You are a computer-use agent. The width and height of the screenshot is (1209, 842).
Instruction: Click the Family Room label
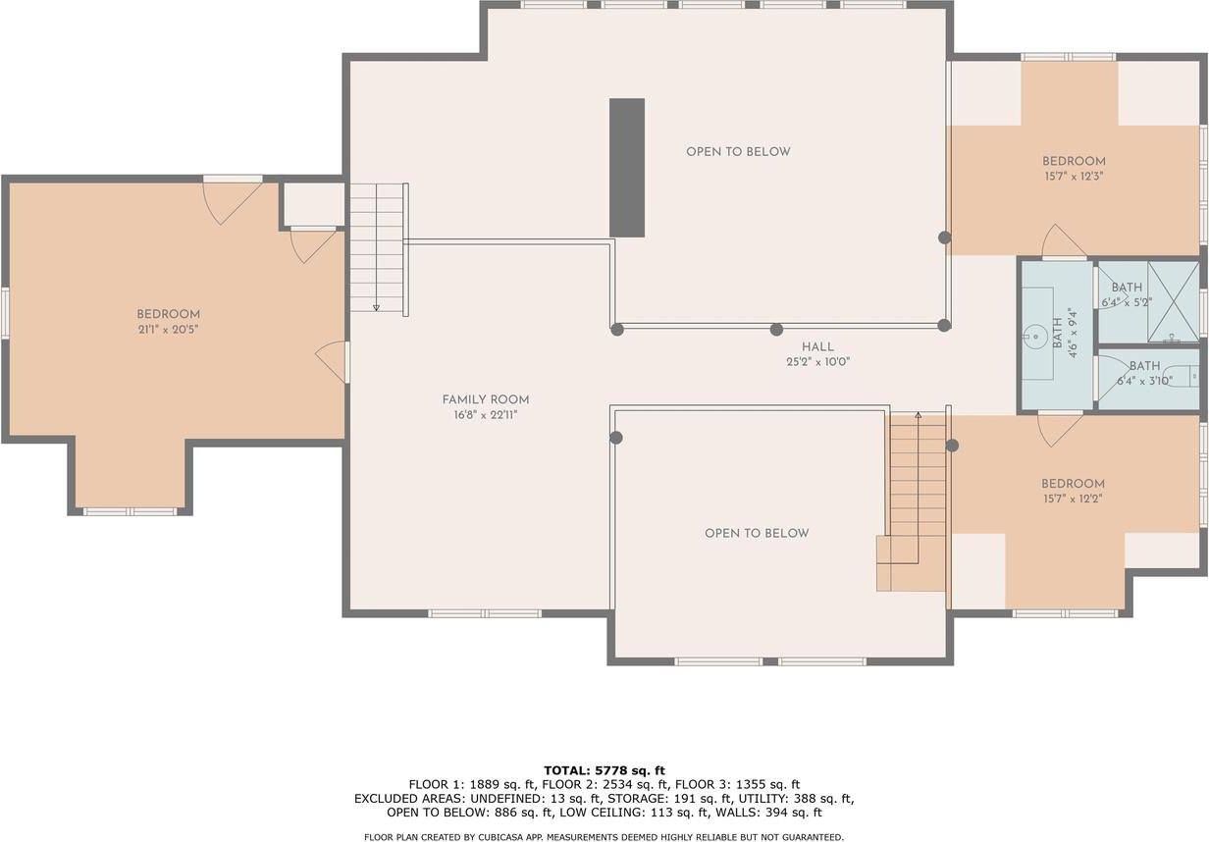point(485,400)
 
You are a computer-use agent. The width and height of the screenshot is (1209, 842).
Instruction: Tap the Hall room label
point(817,347)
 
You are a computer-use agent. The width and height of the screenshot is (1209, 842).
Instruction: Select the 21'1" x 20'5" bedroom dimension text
point(169,330)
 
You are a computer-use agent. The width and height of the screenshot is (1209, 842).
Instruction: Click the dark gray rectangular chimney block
point(627,168)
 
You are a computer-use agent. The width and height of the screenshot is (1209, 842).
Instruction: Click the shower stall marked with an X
point(1173,301)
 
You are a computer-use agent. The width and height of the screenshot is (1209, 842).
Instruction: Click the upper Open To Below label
point(738,152)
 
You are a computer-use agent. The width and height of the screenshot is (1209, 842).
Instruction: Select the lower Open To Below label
point(757,534)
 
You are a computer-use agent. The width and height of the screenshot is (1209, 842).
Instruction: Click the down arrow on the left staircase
point(376,308)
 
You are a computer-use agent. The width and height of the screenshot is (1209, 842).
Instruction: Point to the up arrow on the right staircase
point(919,416)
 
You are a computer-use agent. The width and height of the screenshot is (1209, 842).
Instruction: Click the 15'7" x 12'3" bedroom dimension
point(1074,177)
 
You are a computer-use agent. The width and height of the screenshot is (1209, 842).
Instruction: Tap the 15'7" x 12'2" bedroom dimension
point(1073,500)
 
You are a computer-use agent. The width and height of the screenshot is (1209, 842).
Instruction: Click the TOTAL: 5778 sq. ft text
point(604,770)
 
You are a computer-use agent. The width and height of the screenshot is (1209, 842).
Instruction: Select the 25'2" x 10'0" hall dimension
point(818,362)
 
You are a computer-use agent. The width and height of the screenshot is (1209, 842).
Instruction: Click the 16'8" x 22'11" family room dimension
point(486,415)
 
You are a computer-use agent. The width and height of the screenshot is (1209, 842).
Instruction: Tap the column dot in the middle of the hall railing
point(776,330)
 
